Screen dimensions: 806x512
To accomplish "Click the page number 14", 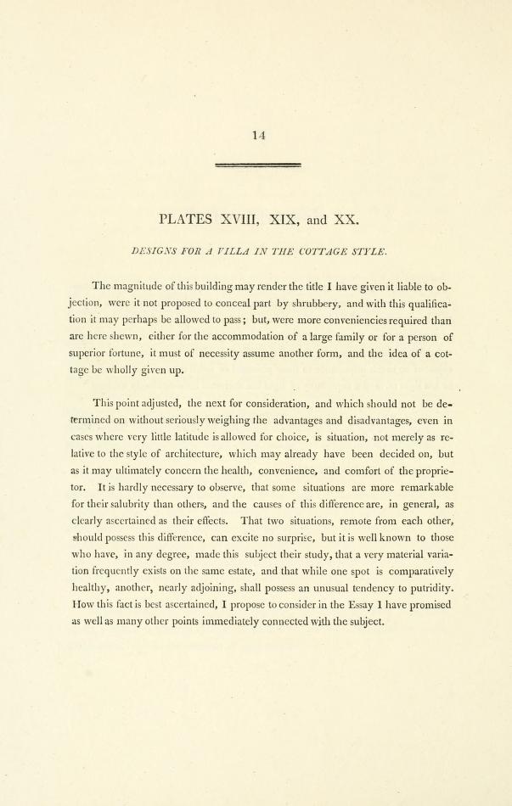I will coord(260,134).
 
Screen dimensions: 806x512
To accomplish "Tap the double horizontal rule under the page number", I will coord(260,165).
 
